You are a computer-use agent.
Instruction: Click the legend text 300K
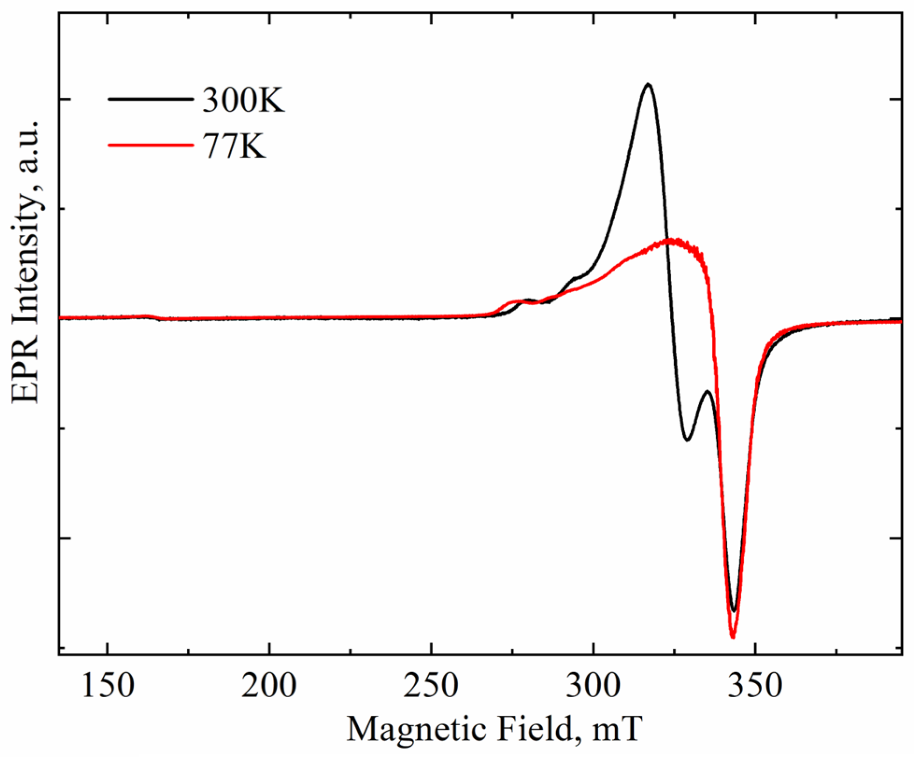coord(243,100)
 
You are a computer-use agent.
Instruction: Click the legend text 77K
coord(234,146)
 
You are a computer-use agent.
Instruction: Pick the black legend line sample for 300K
coord(150,99)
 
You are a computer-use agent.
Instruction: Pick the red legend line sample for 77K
coord(150,145)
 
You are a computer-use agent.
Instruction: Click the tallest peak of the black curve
coord(647,84)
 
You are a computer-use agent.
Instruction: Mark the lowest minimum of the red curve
coord(733,638)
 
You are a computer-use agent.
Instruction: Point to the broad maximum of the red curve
coord(671,241)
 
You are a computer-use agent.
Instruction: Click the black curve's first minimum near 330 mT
coord(687,440)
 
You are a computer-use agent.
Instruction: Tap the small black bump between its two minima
coord(708,392)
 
